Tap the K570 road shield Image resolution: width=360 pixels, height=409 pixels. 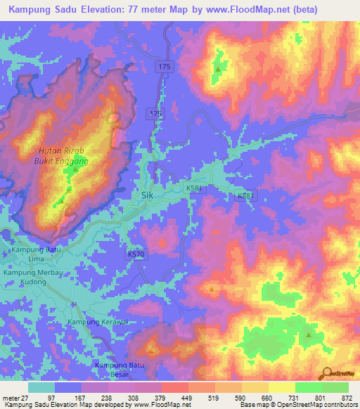pos(136,252)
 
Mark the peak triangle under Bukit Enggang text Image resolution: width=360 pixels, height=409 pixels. pos(75,169)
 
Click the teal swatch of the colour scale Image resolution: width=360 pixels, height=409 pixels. pos(41,387)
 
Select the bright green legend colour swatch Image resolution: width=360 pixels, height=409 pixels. pos(335,387)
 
